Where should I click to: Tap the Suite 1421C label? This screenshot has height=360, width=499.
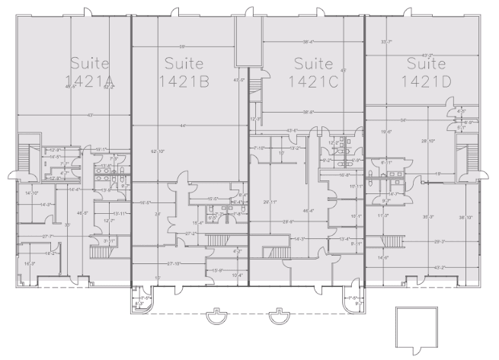314,70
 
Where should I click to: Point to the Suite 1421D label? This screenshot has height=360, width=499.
426,70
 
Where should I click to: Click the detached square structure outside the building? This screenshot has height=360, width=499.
415,327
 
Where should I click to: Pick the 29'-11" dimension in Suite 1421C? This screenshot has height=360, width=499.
269,202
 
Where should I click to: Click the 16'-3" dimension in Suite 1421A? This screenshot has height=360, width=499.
30,263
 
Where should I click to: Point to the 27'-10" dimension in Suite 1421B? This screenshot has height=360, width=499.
171,263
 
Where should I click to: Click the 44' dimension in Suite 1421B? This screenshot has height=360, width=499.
183,125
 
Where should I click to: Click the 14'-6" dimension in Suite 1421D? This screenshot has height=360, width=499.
386,259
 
